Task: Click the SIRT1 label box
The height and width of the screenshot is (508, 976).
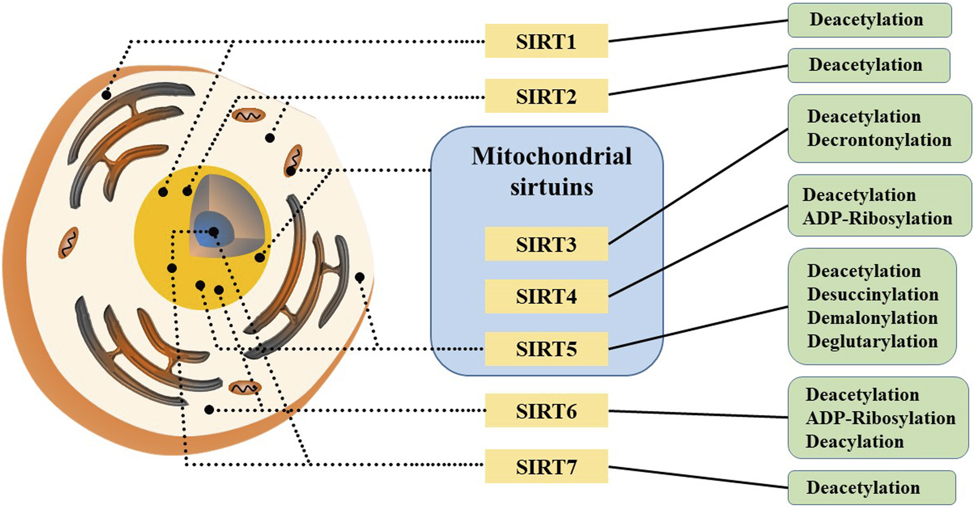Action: click(x=546, y=41)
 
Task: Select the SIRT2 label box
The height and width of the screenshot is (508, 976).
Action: click(x=546, y=96)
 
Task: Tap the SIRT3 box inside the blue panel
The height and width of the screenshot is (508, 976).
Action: click(x=546, y=244)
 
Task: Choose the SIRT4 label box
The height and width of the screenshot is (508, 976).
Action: click(x=546, y=296)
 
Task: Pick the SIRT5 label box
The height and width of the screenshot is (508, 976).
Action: click(x=546, y=348)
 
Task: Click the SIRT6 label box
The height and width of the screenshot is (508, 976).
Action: click(x=546, y=411)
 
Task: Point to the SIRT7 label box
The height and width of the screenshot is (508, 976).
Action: click(x=546, y=466)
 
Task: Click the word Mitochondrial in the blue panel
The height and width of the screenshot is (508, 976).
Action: click(x=551, y=156)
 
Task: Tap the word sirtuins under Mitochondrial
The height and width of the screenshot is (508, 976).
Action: click(x=551, y=187)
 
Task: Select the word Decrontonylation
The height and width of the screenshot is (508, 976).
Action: click(x=879, y=140)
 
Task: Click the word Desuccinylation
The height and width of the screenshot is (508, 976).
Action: click(x=872, y=294)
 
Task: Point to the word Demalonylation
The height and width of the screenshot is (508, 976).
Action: click(x=872, y=318)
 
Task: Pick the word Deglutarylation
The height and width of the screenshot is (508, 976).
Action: click(x=872, y=342)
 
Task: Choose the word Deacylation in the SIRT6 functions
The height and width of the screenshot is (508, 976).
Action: click(x=854, y=441)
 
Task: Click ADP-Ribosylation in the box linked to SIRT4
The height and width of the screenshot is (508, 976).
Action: click(x=877, y=219)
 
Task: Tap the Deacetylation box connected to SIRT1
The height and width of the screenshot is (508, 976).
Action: click(x=869, y=20)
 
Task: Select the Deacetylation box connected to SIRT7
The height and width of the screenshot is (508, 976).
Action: click(x=871, y=488)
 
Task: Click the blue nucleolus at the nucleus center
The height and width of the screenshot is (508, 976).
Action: click(x=209, y=231)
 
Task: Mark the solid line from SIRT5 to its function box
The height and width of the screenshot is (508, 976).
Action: click(x=698, y=328)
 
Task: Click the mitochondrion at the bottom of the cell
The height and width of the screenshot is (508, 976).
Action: click(x=244, y=388)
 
